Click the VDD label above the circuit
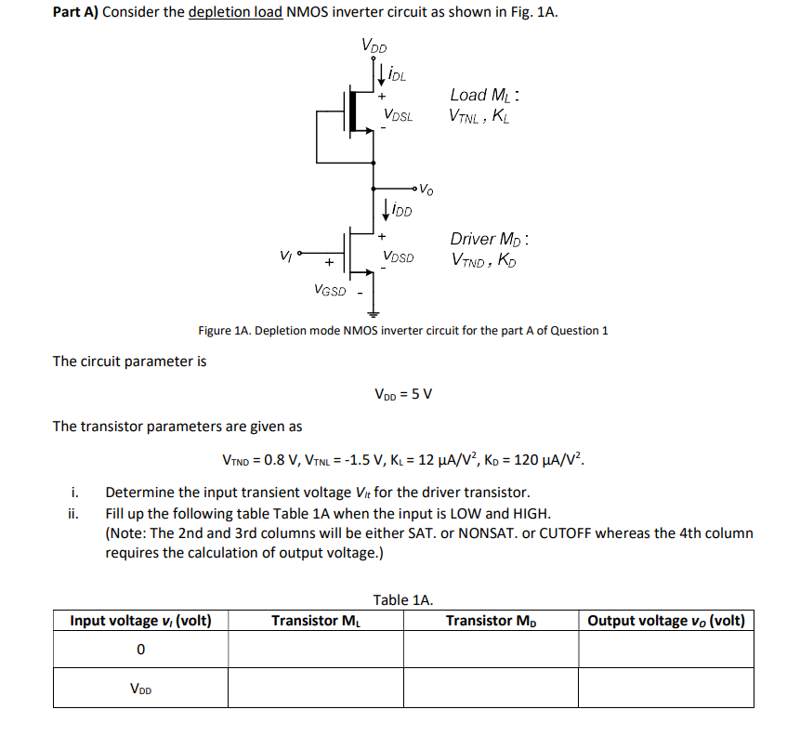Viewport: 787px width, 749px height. [374, 46]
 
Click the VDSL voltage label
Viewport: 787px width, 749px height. [399, 115]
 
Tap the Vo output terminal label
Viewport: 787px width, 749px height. [425, 190]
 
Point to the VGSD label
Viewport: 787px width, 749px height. [330, 291]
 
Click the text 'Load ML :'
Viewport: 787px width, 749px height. [484, 95]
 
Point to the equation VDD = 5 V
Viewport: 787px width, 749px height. [402, 392]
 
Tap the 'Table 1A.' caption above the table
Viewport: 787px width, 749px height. [403, 599]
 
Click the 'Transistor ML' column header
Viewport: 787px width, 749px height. [315, 621]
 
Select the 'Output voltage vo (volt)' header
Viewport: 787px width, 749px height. [666, 621]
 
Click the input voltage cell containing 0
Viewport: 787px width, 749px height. [140, 650]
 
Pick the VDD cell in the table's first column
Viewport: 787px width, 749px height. [140, 690]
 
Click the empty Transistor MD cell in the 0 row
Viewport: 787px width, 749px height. [491, 650]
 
